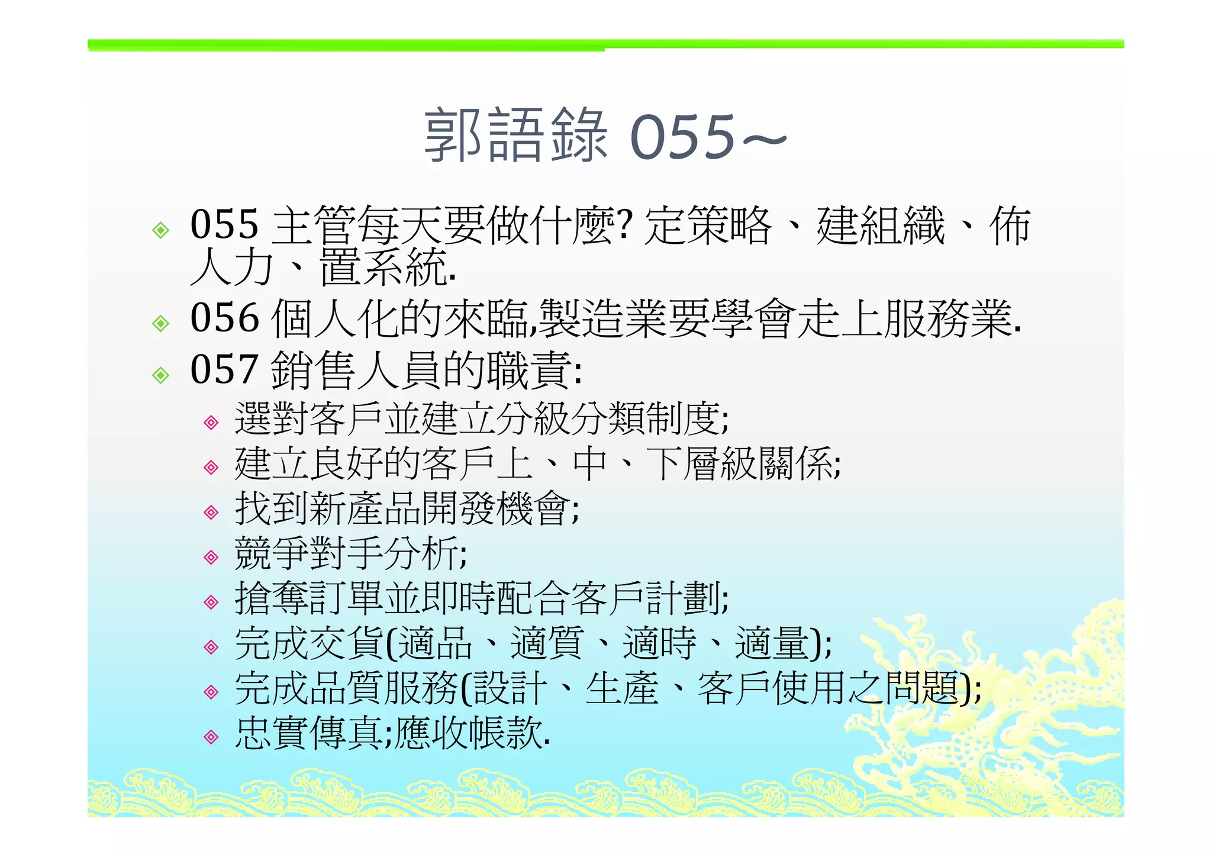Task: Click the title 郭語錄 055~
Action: [605, 136]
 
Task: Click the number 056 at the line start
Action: [225, 318]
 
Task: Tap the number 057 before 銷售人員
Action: [225, 369]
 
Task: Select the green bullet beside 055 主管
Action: [160, 230]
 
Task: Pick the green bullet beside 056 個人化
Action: [160, 323]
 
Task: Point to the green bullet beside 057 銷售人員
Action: [160, 375]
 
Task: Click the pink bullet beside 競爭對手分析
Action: [211, 557]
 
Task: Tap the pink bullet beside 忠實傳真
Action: [211, 737]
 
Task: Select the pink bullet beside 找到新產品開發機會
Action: [211, 512]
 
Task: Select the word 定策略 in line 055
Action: [708, 225]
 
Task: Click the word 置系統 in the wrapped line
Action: [383, 268]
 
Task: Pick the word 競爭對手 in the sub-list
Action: [309, 553]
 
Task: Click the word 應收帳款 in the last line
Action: [469, 733]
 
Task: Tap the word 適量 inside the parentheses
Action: [771, 643]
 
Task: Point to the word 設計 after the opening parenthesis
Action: [510, 688]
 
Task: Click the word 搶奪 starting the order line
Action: [272, 598]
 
